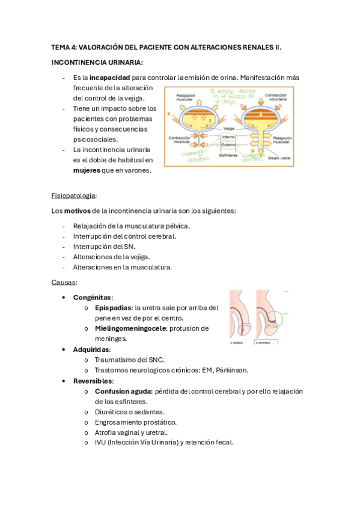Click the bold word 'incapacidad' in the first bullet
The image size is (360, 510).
coord(109,78)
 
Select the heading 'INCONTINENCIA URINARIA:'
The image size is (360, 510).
coord(97,62)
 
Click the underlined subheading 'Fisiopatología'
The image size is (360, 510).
coord(74,195)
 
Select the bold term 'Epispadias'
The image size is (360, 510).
coord(113,307)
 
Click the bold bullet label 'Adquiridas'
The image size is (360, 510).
coord(91,349)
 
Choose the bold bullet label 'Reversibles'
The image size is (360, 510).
coord(93,381)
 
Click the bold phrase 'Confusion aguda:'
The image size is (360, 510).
coord(123,391)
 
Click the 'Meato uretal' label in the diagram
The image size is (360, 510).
coord(278,158)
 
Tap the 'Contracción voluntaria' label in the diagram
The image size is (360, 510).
coord(275,98)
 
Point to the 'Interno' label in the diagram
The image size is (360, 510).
coord(228,137)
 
